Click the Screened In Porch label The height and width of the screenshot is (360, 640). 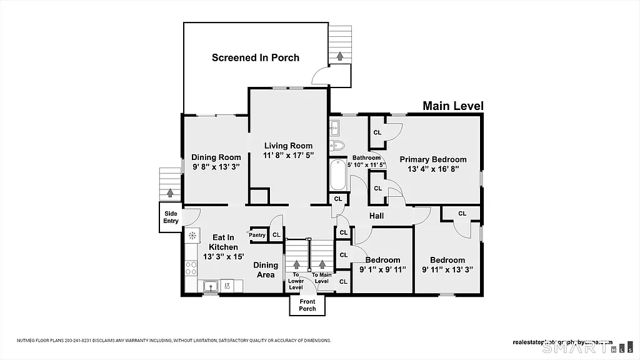(x=255, y=57)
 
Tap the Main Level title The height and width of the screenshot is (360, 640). (x=453, y=106)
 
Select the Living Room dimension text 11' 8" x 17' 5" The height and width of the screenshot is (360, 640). (x=288, y=155)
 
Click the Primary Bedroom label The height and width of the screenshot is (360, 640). (x=433, y=159)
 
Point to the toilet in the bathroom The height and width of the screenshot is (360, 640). (x=338, y=146)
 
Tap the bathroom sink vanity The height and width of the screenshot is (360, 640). (x=334, y=128)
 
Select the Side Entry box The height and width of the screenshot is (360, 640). (x=171, y=217)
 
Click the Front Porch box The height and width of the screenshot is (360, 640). (x=307, y=305)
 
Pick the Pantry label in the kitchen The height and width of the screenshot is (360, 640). (x=257, y=235)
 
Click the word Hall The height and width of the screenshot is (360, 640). (x=376, y=216)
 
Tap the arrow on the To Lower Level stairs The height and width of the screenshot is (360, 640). (x=296, y=265)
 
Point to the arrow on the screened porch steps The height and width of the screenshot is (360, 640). (x=340, y=56)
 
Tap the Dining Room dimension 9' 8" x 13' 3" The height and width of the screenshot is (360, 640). (x=216, y=167)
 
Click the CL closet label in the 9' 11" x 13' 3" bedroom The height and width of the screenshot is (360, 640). (x=462, y=214)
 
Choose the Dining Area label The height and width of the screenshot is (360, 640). (x=266, y=270)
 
